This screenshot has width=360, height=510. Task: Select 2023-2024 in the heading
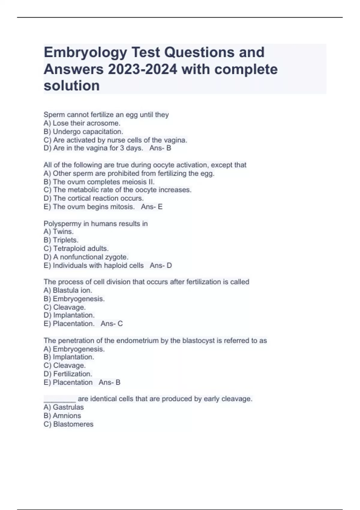pos(142,70)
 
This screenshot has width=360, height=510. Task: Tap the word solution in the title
pos(72,86)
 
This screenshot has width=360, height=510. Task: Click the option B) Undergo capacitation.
pos(83,131)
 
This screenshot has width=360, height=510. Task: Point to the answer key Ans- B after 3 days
pos(160,148)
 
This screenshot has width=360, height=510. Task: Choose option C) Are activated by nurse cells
pos(115,140)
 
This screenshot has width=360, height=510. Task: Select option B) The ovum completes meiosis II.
pos(99,182)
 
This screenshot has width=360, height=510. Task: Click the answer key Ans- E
pos(152,207)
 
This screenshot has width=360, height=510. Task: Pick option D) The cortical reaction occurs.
pos(94,198)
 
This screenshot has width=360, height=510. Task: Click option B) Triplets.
pos(61,240)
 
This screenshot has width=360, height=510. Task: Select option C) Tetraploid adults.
pos(76,248)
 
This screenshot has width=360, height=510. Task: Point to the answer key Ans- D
pos(161,265)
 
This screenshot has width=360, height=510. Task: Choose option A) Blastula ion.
pos(68,290)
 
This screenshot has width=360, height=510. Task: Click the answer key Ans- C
pos(112,324)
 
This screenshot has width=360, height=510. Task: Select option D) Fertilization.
pos(68,374)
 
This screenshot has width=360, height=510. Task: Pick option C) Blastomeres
pos(68,424)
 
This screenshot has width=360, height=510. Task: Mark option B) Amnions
pos(62,416)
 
